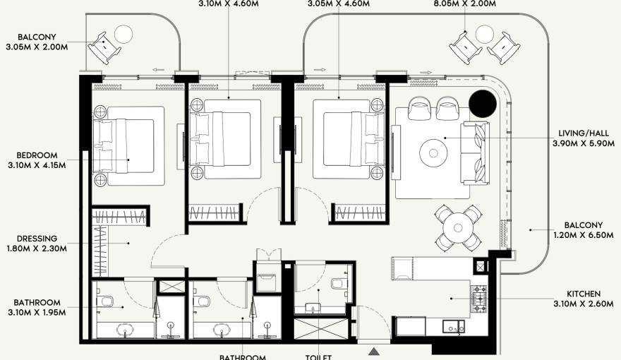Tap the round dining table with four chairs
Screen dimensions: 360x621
click(x=457, y=227)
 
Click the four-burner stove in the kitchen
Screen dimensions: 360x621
click(x=480, y=299)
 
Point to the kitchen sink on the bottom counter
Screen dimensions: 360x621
click(x=450, y=326)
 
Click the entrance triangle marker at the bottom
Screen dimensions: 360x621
click(x=373, y=349)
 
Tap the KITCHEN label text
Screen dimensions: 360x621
click(x=583, y=294)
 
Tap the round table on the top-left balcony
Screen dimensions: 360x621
click(x=123, y=34)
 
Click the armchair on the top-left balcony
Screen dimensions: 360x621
click(x=103, y=48)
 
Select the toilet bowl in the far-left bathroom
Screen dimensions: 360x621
click(x=106, y=301)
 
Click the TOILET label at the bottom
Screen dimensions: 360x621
click(x=318, y=356)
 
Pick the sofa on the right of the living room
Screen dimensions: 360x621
click(x=475, y=152)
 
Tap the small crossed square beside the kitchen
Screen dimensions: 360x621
click(x=482, y=268)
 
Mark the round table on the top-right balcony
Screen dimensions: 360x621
click(x=485, y=34)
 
